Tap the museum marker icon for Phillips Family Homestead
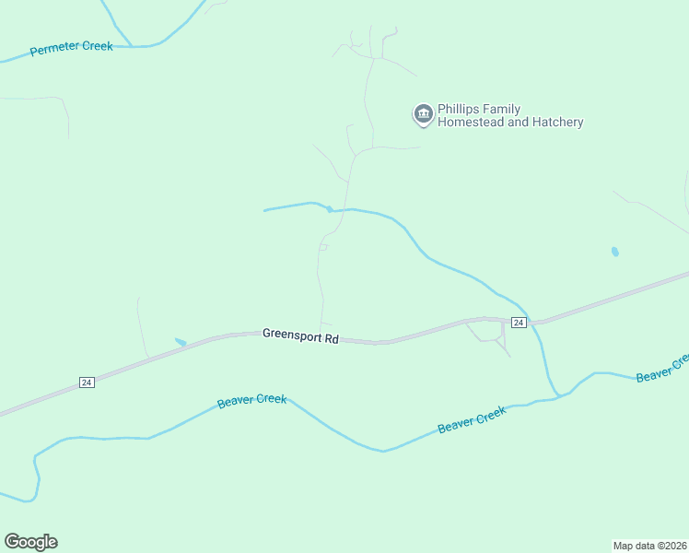pyautogui.click(x=423, y=113)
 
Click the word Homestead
pyautogui.click(x=470, y=122)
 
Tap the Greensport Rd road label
pyautogui.click(x=300, y=335)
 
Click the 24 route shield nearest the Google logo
pyautogui.click(x=87, y=382)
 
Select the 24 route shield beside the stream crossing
pyautogui.click(x=519, y=323)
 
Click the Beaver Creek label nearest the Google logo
pyautogui.click(x=251, y=402)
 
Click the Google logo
pyautogui.click(x=30, y=542)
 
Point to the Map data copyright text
pyautogui.click(x=649, y=545)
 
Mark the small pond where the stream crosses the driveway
pyautogui.click(x=329, y=209)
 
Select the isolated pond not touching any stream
pyautogui.click(x=614, y=251)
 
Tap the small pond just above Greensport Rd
pyautogui.click(x=180, y=342)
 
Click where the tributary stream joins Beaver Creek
pyautogui.click(x=557, y=396)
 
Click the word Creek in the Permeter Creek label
pyautogui.click(x=98, y=45)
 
